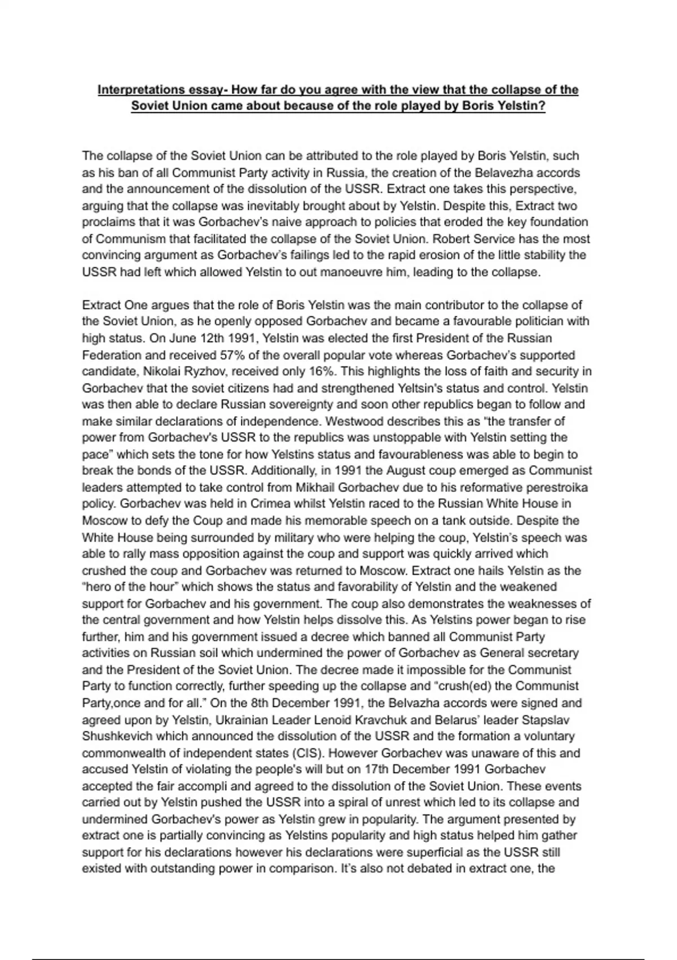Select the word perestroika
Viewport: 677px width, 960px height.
[557, 487]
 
